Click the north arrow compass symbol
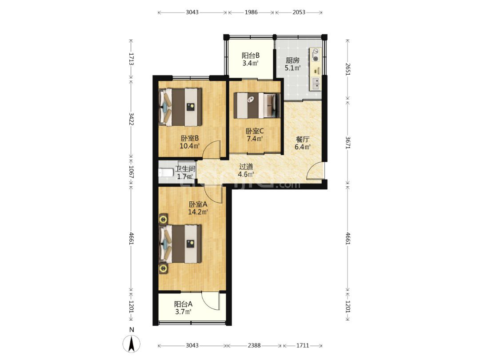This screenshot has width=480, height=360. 132,344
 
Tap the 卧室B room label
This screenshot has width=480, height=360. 190,138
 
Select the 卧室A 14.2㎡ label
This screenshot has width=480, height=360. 198,208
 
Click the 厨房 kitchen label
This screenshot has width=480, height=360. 292,60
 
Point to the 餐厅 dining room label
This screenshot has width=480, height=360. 303,140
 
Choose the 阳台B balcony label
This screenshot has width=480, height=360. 251,56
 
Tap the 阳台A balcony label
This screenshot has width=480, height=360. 184,304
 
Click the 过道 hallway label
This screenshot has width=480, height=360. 246,167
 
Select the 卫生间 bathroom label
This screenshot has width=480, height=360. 185,169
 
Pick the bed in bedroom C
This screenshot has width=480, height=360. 257,106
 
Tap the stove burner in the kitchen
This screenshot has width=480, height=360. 315,59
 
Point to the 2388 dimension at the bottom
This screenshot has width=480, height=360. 254,346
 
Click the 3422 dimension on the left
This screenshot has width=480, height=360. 131,119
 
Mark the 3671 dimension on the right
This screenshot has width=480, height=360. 348,143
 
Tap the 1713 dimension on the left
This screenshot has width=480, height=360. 131,59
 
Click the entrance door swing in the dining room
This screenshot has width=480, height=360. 315,171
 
